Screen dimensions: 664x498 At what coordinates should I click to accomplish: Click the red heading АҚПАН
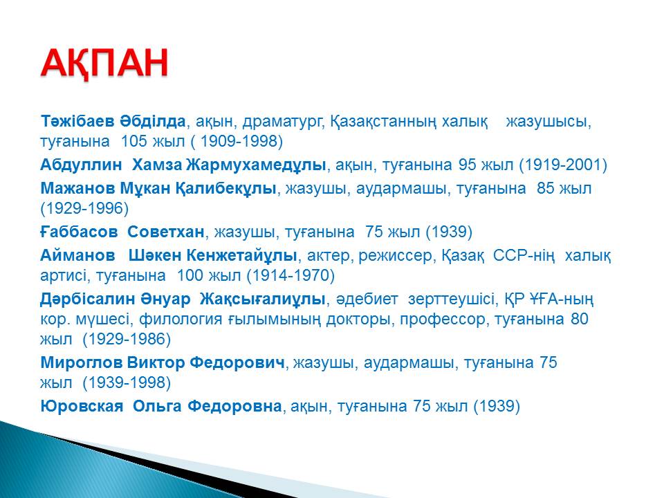pos(104,64)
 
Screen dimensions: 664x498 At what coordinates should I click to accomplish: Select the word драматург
pos(284,122)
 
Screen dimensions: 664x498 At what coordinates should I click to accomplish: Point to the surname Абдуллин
pos(81,165)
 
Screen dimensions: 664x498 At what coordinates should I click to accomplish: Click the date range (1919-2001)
pos(563,165)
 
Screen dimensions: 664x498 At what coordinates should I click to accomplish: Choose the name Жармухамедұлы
pos(256,165)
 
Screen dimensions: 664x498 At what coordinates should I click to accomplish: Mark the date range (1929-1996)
pos(84,208)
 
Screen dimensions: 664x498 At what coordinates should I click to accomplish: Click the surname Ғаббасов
pos(79,232)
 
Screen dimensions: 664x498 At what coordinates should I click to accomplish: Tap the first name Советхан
pos(166,232)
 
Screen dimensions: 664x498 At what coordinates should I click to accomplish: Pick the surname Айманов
pos(77,255)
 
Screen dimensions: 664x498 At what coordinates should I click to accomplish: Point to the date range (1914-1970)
pos(290,276)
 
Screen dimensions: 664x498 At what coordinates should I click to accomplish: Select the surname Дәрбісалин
pos(82,299)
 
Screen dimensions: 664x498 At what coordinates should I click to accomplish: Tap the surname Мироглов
pos(82,362)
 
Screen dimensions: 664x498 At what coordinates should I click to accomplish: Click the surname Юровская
pos(82,406)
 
